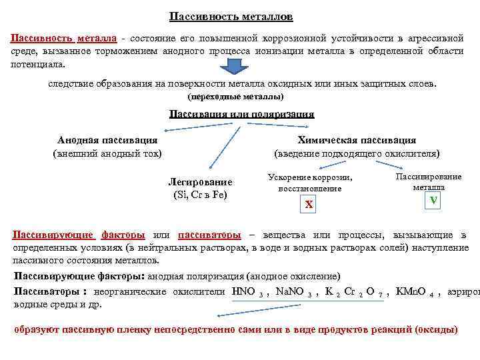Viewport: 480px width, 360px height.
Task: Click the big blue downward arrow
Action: tap(233, 67)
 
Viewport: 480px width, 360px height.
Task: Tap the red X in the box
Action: tap(308, 205)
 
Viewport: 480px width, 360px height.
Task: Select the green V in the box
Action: tap(433, 201)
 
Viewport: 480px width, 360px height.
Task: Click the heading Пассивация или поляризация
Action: tap(241, 114)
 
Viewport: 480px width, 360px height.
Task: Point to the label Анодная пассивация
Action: tap(107, 140)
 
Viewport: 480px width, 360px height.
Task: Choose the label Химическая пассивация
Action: tap(357, 140)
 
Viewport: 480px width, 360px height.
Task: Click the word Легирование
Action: tap(200, 182)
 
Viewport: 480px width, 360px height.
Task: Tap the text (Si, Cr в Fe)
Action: tap(200, 195)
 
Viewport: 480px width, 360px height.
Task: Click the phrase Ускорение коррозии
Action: tap(309, 177)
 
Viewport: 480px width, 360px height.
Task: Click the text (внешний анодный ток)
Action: tap(107, 153)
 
